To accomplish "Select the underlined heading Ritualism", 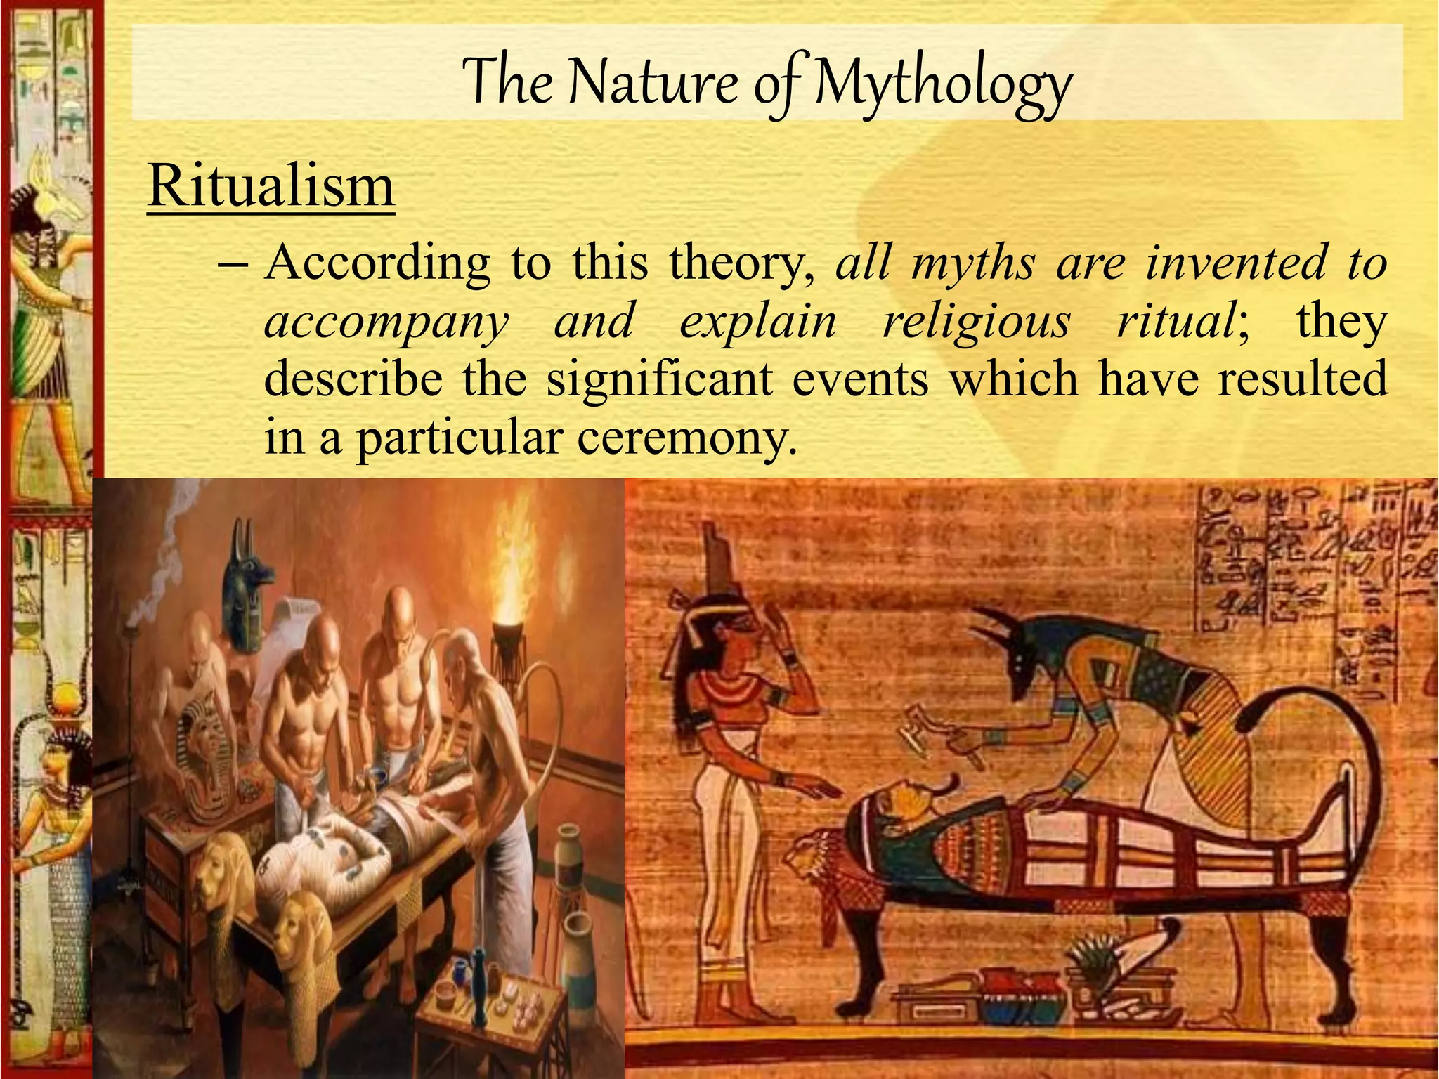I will click(271, 186).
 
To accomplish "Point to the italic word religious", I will click(977, 322).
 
